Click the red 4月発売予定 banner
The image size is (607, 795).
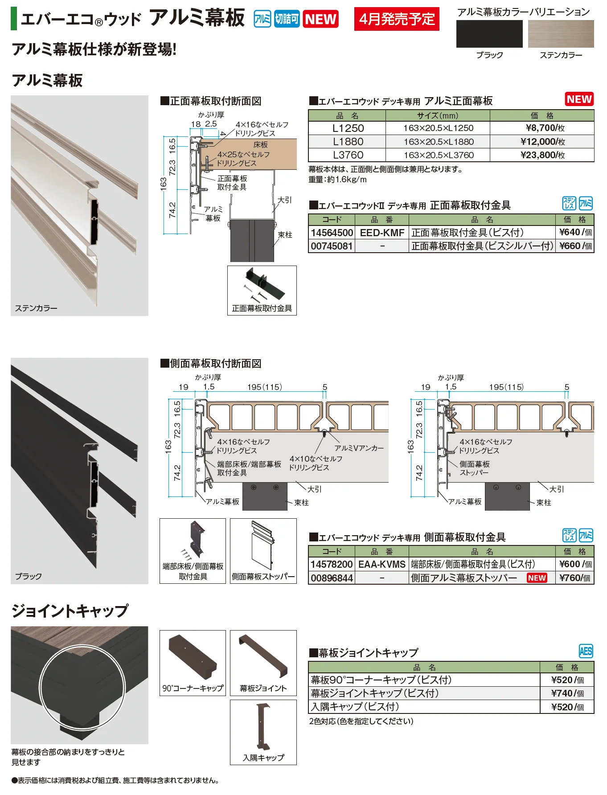(x=397, y=19)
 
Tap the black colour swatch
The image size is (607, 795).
(x=489, y=33)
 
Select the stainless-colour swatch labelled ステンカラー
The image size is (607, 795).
(x=561, y=33)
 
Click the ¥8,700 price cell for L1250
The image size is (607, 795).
(x=542, y=128)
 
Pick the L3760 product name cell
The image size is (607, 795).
(x=347, y=155)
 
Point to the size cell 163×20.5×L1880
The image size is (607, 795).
(x=438, y=142)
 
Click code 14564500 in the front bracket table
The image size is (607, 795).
(x=332, y=233)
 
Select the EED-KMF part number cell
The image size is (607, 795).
(x=382, y=233)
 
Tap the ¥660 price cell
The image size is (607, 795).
(x=575, y=246)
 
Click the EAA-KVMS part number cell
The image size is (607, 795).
(x=382, y=564)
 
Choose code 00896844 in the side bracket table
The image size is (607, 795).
(x=332, y=578)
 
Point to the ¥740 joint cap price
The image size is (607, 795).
(x=567, y=693)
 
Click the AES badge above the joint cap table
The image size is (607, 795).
(x=586, y=652)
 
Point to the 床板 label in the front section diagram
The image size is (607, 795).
(x=261, y=145)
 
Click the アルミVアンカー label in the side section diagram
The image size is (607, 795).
(x=359, y=448)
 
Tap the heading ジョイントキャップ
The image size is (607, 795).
(x=70, y=611)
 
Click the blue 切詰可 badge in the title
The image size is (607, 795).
(x=287, y=19)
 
